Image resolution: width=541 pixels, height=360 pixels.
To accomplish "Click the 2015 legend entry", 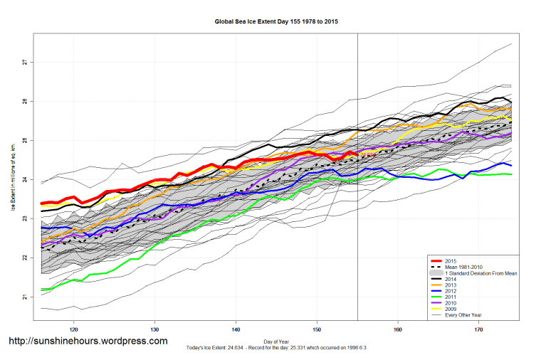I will (449, 261).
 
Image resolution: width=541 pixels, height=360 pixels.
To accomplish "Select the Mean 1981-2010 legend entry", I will (466, 268).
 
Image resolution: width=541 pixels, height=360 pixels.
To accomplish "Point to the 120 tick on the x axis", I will (74, 329).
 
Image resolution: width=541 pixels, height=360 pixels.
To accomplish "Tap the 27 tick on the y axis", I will (24, 63).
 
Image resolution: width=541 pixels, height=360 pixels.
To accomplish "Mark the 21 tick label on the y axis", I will (24, 297).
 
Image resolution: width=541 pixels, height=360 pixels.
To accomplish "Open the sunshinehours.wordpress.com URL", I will (87, 341).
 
